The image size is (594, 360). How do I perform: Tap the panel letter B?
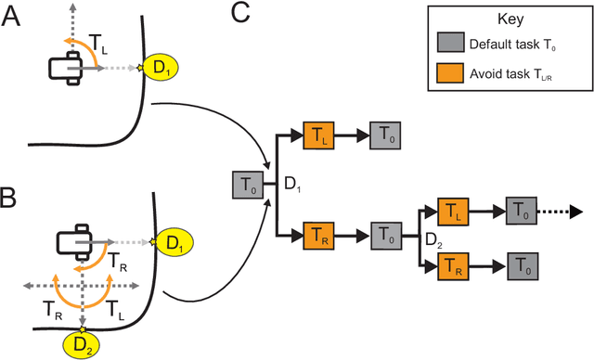(x=14, y=198)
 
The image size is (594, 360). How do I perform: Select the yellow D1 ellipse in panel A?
(x=162, y=68)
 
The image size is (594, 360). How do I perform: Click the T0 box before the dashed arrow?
(x=520, y=212)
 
